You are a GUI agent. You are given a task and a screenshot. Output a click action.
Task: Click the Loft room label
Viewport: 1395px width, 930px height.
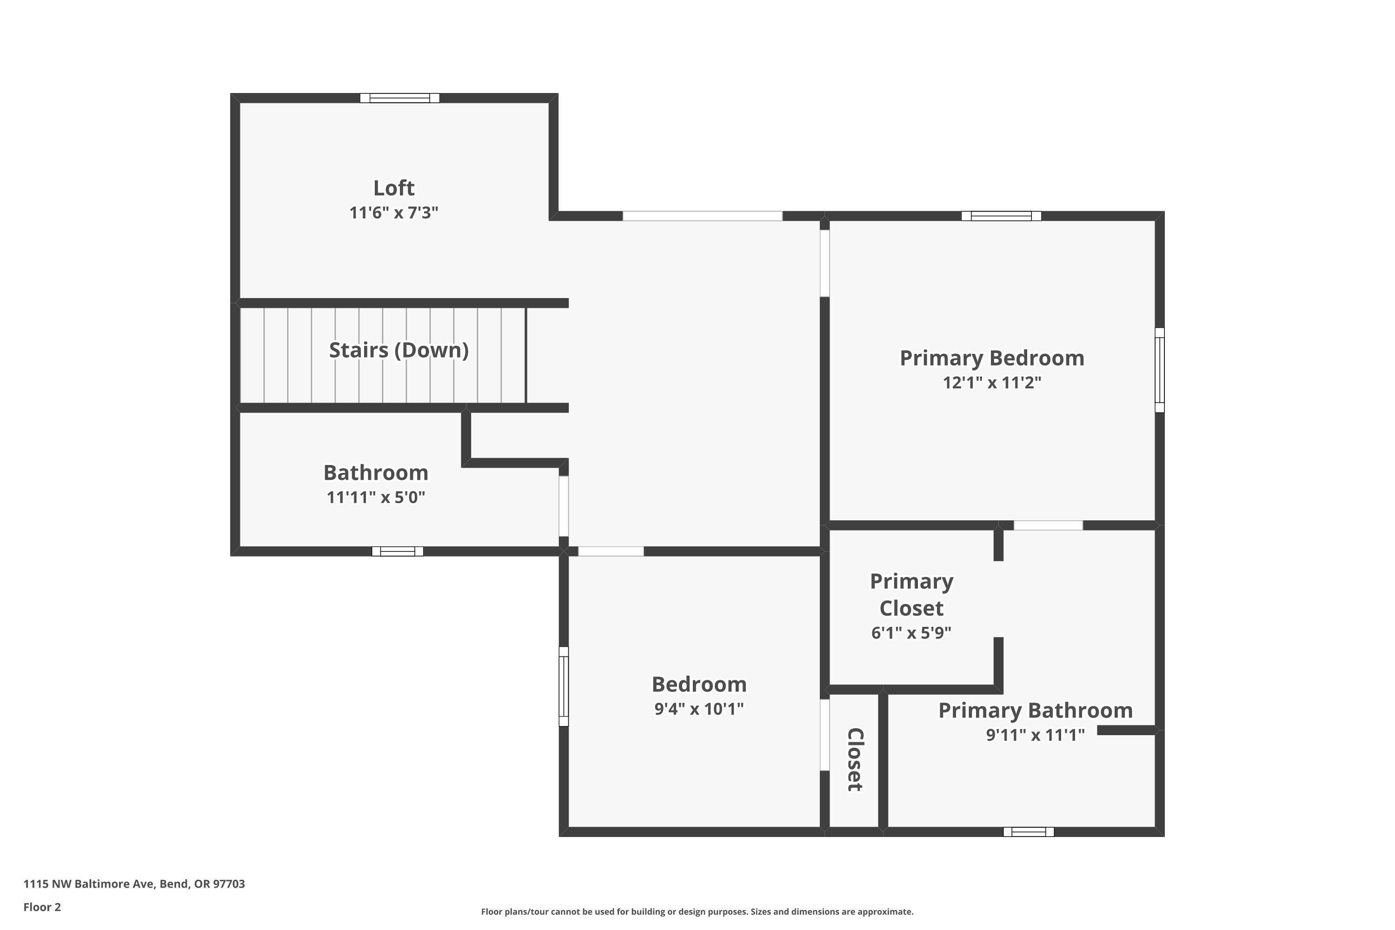pyautogui.click(x=393, y=188)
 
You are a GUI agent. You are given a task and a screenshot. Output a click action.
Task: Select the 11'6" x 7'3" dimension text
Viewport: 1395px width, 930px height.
pyautogui.click(x=393, y=213)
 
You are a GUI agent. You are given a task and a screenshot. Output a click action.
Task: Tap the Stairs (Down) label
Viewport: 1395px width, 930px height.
pyautogui.click(x=399, y=350)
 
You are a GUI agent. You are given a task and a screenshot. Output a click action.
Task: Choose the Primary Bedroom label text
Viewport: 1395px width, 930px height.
pyautogui.click(x=992, y=358)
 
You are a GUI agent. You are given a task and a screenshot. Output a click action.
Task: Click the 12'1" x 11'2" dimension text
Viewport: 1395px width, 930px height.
pyautogui.click(x=992, y=383)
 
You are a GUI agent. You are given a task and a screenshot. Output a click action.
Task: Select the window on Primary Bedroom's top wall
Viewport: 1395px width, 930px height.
pyautogui.click(x=1001, y=216)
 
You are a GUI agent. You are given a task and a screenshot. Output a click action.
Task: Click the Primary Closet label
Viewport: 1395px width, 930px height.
pyautogui.click(x=911, y=594)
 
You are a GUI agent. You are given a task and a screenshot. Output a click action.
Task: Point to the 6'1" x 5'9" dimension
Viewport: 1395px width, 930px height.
pyautogui.click(x=911, y=633)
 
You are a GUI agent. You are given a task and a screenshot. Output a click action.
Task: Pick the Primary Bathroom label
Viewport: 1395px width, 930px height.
pyautogui.click(x=1035, y=710)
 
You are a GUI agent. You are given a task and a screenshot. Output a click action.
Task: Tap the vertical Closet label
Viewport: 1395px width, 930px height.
pyautogui.click(x=854, y=759)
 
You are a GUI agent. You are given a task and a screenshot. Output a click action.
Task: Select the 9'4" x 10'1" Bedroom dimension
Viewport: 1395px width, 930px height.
pyautogui.click(x=699, y=709)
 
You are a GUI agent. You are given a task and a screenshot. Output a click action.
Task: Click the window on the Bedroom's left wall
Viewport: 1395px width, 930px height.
pyautogui.click(x=564, y=686)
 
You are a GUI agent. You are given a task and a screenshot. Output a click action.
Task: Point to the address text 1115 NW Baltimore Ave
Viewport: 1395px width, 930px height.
pyautogui.click(x=134, y=884)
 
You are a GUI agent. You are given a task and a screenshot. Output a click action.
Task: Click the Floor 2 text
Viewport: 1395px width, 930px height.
pyautogui.click(x=42, y=907)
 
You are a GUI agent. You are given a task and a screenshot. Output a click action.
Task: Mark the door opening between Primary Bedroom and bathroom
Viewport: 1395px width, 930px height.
pyautogui.click(x=1048, y=525)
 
